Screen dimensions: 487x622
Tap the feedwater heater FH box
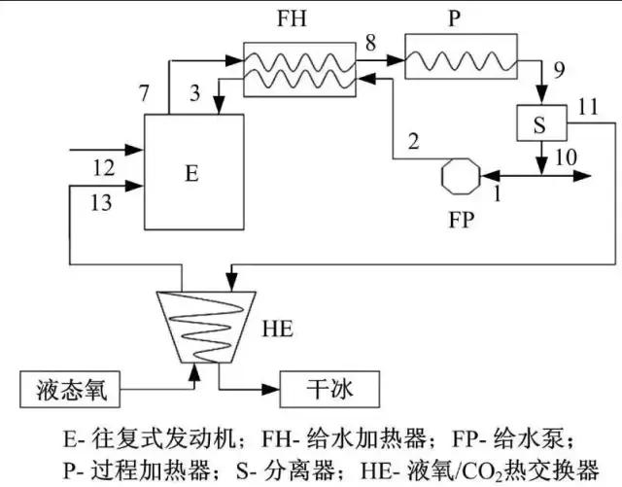299,69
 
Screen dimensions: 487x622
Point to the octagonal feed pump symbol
460,176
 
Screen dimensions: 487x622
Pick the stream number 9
557,70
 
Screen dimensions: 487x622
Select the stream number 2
413,142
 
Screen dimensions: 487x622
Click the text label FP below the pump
462,219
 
